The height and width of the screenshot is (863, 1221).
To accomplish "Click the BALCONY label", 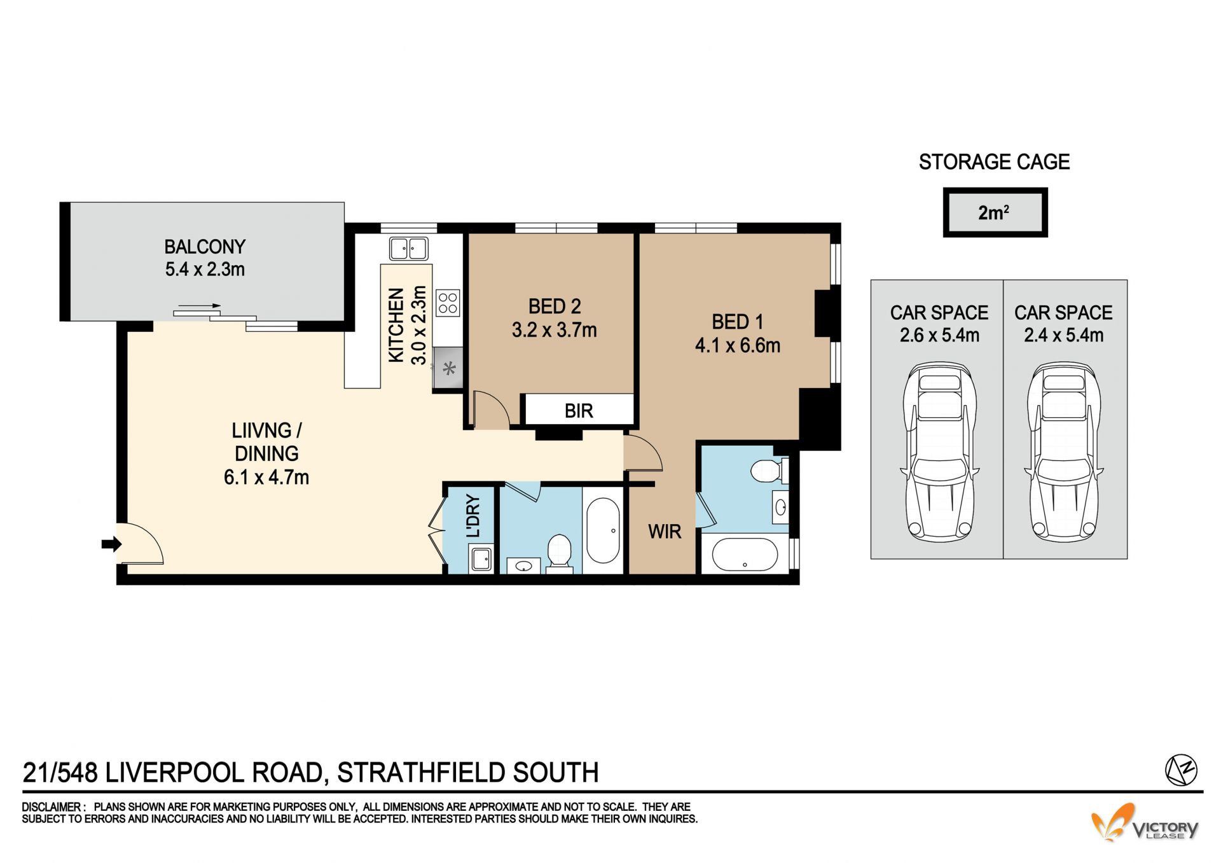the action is pyautogui.click(x=205, y=247).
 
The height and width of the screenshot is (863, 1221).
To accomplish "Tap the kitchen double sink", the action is pyautogui.click(x=408, y=249).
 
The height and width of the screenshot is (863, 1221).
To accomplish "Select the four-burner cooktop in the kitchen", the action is pyautogui.click(x=448, y=303).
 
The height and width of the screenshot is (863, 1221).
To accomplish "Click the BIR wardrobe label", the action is pyautogui.click(x=579, y=411).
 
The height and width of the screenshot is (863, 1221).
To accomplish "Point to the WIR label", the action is pyautogui.click(x=665, y=531).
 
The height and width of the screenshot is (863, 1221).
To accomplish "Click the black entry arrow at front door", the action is pyautogui.click(x=111, y=544).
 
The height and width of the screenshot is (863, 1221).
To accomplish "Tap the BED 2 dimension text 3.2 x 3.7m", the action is pyautogui.click(x=555, y=330).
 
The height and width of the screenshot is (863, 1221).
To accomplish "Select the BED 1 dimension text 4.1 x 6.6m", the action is pyautogui.click(x=738, y=345).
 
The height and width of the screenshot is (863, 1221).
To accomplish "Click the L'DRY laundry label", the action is pyautogui.click(x=473, y=516).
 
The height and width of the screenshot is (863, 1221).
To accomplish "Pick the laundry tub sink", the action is pyautogui.click(x=481, y=560).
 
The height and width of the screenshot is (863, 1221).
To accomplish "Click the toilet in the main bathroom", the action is pyautogui.click(x=560, y=551).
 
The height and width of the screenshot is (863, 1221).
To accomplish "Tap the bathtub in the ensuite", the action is pyautogui.click(x=745, y=555).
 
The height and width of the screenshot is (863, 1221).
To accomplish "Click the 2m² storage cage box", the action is pyautogui.click(x=995, y=212).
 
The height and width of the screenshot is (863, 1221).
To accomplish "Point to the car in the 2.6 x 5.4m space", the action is pyautogui.click(x=939, y=452).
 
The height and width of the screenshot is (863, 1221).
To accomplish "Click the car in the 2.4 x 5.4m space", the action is pyautogui.click(x=1063, y=452).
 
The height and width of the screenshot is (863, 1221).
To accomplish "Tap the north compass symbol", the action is pyautogui.click(x=1181, y=770).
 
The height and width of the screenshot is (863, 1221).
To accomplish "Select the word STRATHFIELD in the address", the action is pyautogui.click(x=421, y=773).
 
